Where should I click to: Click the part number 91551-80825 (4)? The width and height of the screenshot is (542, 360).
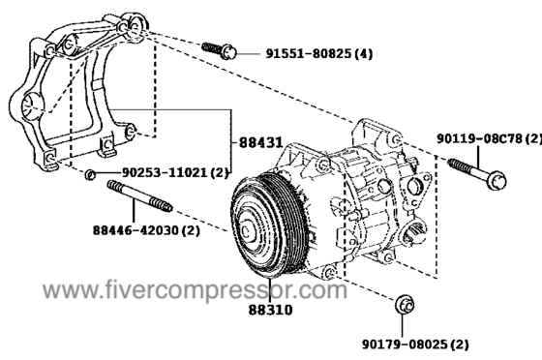[319, 54]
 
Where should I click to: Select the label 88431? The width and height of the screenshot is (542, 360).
[261, 142]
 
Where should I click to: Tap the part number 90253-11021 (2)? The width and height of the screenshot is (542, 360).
[175, 172]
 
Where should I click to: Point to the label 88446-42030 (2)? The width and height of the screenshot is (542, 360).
[146, 230]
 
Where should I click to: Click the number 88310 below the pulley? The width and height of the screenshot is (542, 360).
[270, 310]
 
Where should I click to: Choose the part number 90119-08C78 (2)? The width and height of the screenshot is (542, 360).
[489, 139]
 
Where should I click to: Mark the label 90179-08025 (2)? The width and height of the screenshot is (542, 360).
[415, 345]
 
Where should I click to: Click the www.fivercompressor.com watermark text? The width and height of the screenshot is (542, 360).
[195, 290]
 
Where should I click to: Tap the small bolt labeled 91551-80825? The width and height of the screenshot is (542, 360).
[219, 50]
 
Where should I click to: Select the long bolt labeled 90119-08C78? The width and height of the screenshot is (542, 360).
[477, 174]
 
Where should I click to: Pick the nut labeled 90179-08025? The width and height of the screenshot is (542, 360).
[405, 306]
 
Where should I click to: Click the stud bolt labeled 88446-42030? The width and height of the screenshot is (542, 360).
[140, 195]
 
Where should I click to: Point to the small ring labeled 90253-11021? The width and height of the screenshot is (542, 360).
[90, 174]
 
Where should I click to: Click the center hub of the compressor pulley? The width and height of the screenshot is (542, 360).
[247, 232]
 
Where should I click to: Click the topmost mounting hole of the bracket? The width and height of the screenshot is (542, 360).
[135, 25]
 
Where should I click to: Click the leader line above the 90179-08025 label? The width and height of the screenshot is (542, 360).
[403, 326]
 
